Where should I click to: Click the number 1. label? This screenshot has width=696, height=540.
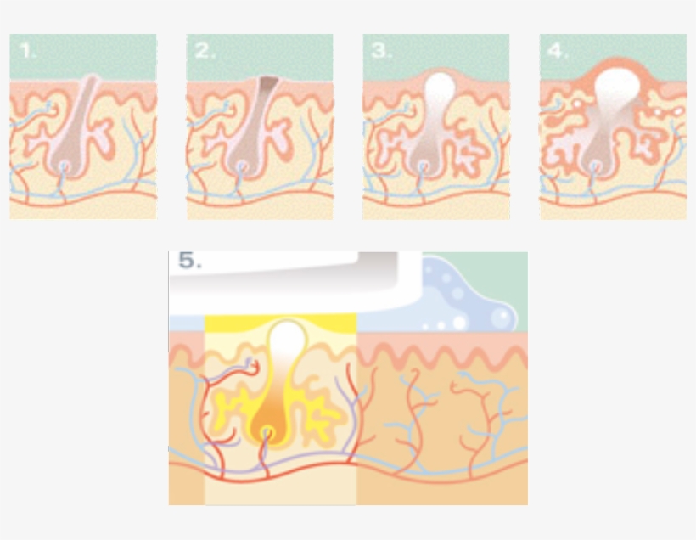pyautogui.click(x=29, y=50)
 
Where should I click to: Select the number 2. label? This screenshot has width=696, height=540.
pyautogui.click(x=205, y=50)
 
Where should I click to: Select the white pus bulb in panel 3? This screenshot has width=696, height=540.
pyautogui.click(x=441, y=88)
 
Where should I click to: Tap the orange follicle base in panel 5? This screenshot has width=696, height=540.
pyautogui.click(x=267, y=433)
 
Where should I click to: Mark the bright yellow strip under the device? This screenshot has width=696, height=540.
pyautogui.click(x=280, y=321)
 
